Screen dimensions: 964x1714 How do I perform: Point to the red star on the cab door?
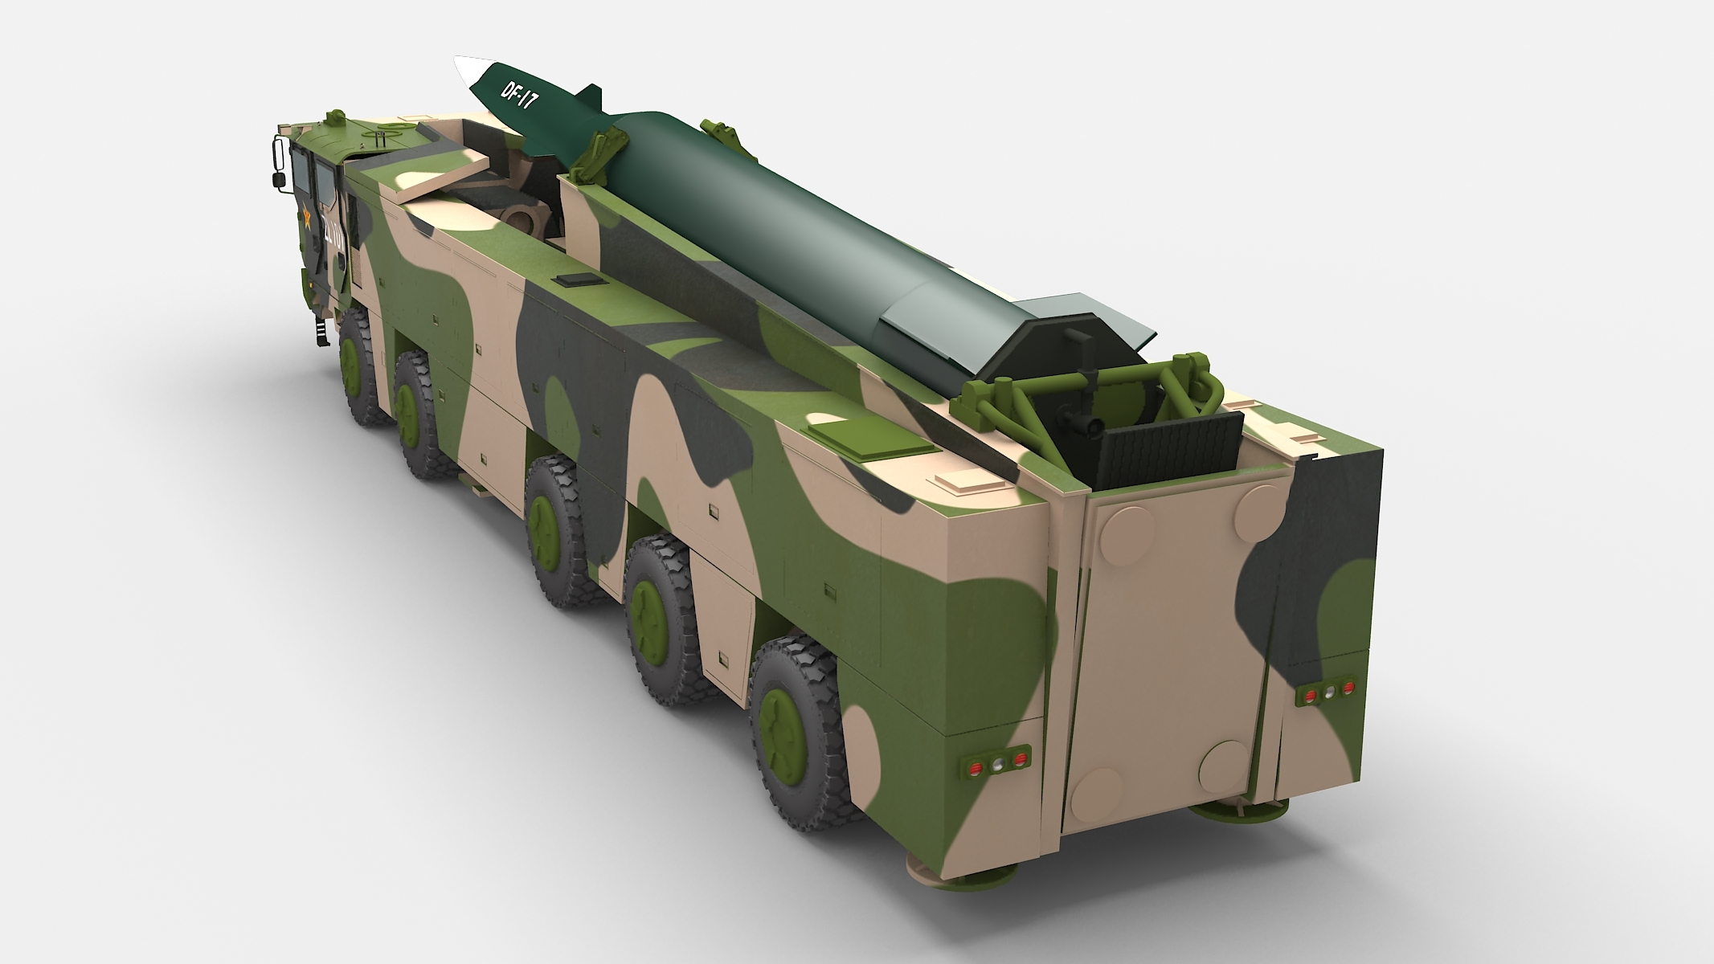306,219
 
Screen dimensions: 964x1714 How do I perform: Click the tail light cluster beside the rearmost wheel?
996,766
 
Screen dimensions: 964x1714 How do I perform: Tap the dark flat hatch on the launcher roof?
579,280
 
